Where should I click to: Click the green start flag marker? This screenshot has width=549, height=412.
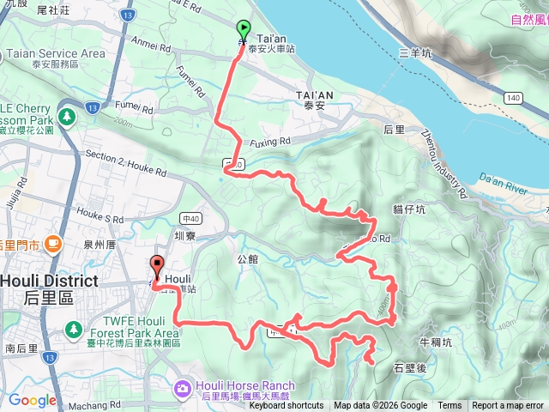point(244,31)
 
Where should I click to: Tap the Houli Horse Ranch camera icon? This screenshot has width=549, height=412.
point(182,390)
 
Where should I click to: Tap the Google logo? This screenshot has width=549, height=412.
point(32,401)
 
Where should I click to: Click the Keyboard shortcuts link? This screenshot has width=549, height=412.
point(286,406)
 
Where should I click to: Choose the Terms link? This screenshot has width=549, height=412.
point(449,406)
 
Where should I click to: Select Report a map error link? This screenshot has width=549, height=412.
point(508,406)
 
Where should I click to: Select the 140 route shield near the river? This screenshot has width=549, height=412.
point(514,99)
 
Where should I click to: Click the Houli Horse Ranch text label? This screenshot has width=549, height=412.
point(245,385)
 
